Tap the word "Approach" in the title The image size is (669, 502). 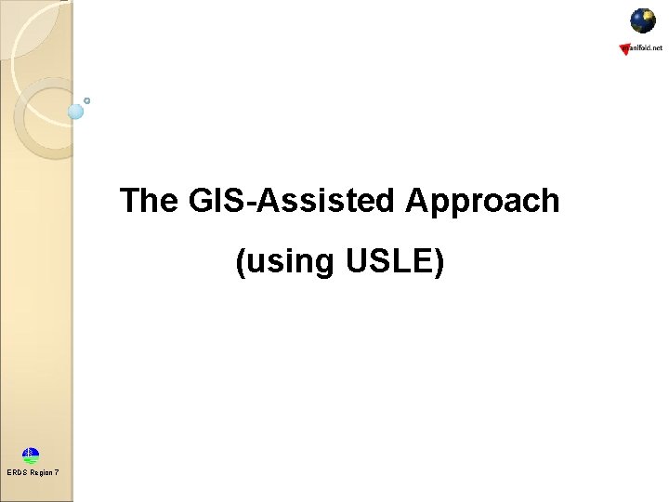[x=482, y=201]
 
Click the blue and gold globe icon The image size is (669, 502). [x=643, y=20]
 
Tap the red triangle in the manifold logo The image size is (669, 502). [x=624, y=49]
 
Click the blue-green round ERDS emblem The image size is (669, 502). [x=32, y=456]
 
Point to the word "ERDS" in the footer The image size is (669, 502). [x=17, y=473]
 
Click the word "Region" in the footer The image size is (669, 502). [x=41, y=473]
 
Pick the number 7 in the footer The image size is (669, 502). [x=57, y=473]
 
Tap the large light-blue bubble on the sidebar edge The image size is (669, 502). [x=76, y=112]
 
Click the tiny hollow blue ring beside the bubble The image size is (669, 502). [x=87, y=100]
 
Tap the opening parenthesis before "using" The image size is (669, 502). [x=242, y=263]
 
